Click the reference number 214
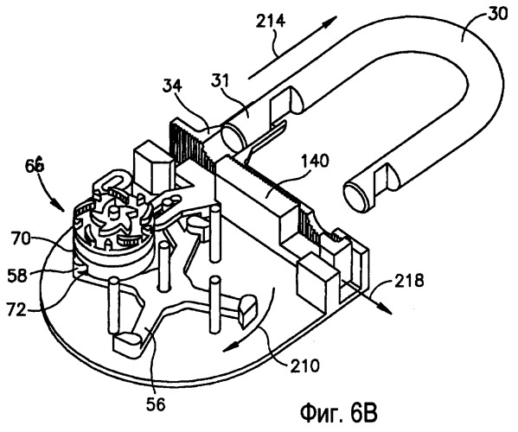coord(271,21)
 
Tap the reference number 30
coord(497,14)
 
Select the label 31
coord(220,81)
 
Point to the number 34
coord(173,87)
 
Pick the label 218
coord(408,281)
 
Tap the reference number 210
coord(305,365)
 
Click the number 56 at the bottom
coord(156,404)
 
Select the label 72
coord(16,310)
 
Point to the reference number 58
coord(17,275)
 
